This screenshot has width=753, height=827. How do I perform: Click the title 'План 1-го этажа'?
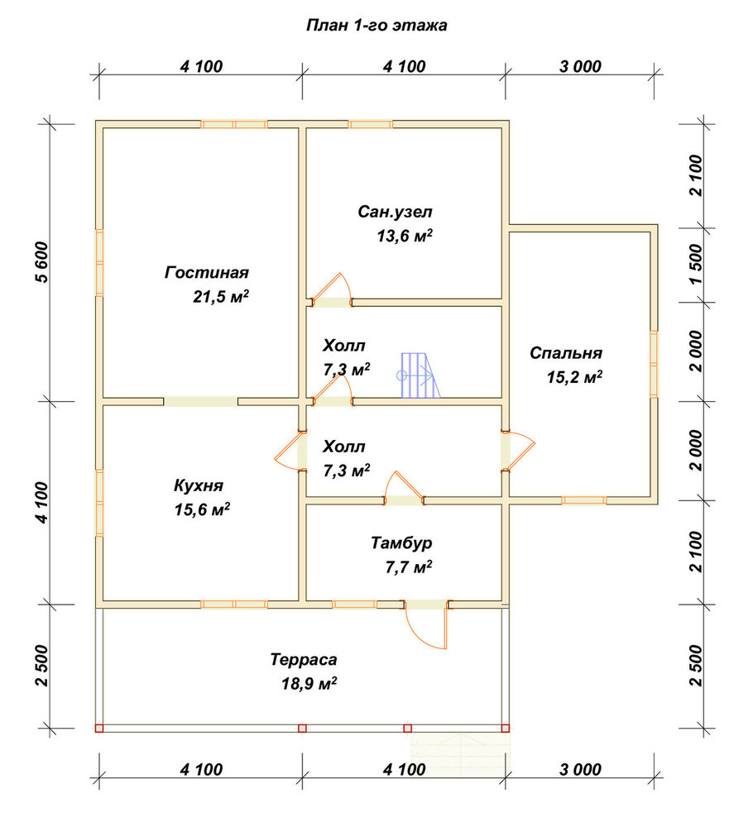[376, 26]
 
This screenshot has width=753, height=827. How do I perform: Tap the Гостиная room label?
[206, 273]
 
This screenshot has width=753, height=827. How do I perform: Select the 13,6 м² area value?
[405, 236]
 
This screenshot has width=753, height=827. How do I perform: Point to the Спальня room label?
[566, 353]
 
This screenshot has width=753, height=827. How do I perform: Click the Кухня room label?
[199, 485]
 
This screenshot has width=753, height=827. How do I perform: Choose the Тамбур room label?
[401, 543]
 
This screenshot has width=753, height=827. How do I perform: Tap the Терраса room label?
[304, 660]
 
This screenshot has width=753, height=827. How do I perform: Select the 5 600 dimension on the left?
[41, 262]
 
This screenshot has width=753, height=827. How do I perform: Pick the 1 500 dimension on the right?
[696, 264]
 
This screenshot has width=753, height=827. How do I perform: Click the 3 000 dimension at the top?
[580, 66]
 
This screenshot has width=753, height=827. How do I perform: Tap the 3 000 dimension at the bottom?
[580, 769]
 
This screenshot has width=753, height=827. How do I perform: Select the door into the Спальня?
[518, 450]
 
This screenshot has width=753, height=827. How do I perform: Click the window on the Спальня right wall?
[654, 364]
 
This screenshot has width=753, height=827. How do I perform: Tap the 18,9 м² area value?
[309, 684]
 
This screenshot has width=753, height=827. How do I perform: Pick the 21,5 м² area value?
[221, 297]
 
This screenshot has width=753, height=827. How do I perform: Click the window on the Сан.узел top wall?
[371, 125]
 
